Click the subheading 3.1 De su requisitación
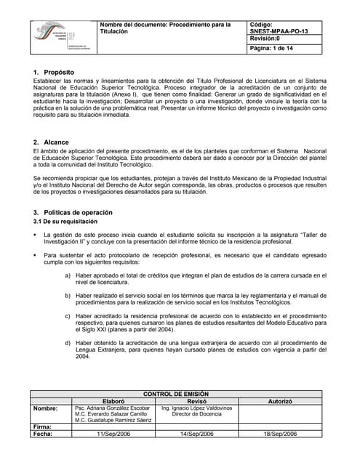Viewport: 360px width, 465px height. [x=65, y=221]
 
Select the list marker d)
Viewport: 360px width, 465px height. [x=68, y=342]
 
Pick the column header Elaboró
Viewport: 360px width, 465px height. [x=113, y=401]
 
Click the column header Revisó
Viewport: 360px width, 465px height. [x=197, y=401]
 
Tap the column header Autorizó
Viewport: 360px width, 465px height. [x=280, y=401]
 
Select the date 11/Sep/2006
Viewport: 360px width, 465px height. [x=113, y=434]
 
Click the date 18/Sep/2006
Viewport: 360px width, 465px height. [x=280, y=434]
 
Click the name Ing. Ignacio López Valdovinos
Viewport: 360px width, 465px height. [x=197, y=408]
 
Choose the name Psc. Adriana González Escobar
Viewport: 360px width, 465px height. [x=113, y=408]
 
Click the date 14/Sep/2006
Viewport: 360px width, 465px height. [x=197, y=434]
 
